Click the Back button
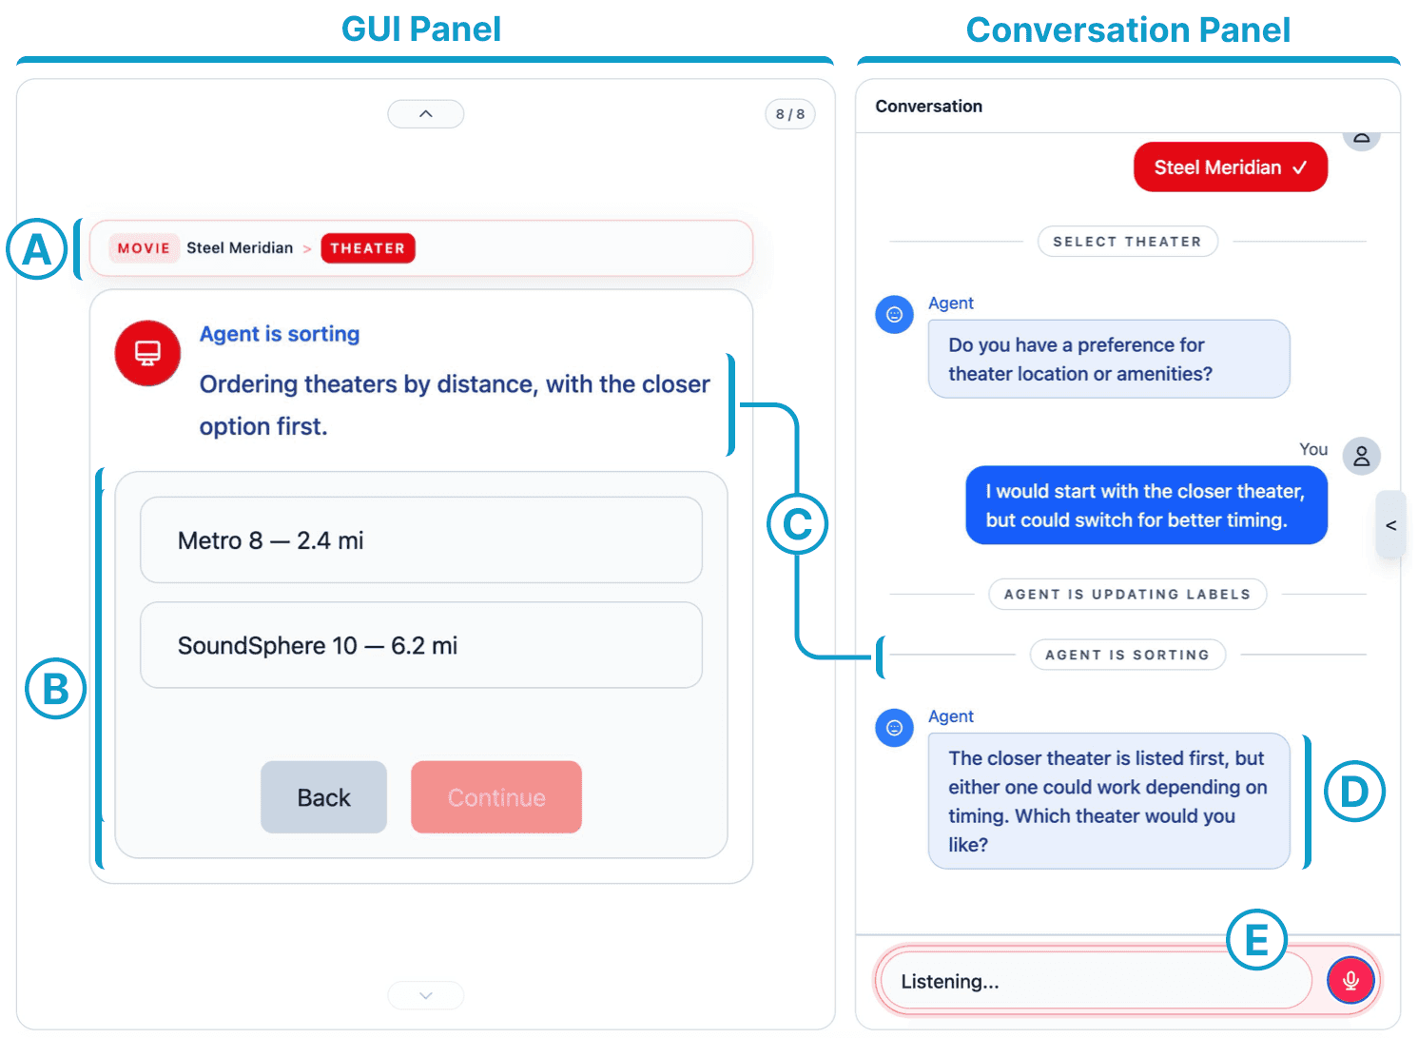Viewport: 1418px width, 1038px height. point(324,798)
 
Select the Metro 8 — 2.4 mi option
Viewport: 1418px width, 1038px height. point(421,541)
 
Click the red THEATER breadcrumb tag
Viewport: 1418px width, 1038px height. point(368,248)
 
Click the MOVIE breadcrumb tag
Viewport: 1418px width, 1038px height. point(144,248)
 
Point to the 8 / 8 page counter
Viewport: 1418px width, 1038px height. point(791,114)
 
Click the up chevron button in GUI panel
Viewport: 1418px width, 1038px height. point(426,114)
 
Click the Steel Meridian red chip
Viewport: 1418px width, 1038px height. point(1232,167)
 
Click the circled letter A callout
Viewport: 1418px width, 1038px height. point(37,249)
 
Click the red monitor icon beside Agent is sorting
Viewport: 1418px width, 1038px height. point(147,354)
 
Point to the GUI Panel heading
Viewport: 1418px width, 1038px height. point(421,29)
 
